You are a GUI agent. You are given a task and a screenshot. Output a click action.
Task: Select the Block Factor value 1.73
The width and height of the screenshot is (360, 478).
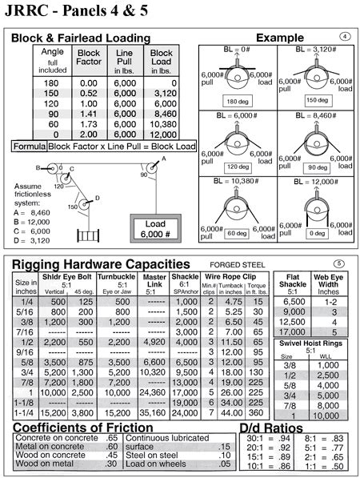89,124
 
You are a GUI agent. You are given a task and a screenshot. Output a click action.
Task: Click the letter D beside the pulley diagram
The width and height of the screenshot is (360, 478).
97,197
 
